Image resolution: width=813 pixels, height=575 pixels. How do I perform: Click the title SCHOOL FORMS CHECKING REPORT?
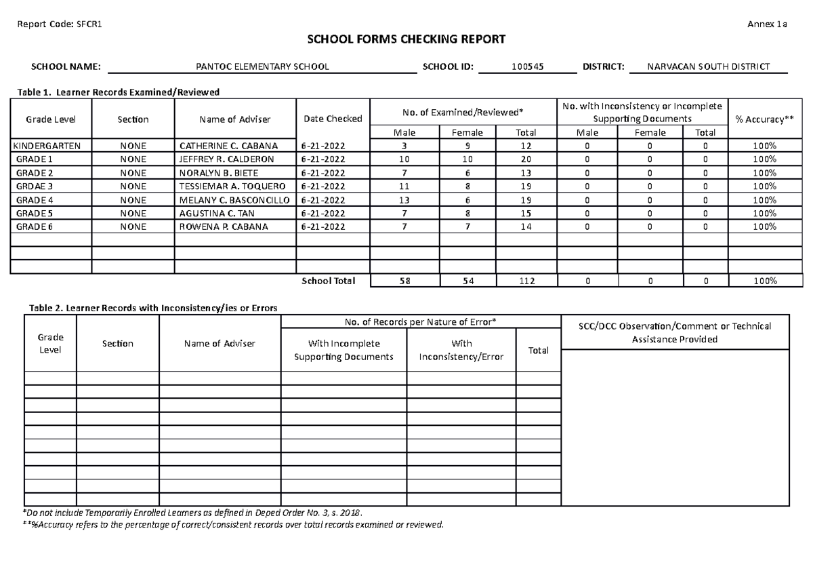(406, 39)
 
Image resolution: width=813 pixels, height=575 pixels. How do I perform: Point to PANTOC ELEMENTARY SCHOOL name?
(262, 67)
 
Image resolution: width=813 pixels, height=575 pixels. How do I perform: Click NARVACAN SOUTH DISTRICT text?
(708, 67)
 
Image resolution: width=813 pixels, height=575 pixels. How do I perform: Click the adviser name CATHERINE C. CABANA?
(228, 146)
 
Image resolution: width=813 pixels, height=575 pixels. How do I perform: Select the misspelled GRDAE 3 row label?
(34, 186)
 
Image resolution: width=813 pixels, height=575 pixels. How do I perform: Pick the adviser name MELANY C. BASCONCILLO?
(234, 200)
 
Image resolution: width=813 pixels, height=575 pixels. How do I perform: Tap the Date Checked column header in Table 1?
(333, 119)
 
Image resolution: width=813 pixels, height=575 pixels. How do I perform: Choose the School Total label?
(328, 281)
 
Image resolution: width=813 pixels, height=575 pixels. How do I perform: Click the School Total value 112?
(526, 281)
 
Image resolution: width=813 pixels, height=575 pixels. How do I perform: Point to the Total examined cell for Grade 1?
(526, 159)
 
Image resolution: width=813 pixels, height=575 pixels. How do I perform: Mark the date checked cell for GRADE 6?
(323, 226)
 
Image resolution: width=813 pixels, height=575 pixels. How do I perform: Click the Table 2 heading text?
(152, 308)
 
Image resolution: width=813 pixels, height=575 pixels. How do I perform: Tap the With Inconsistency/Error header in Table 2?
(461, 350)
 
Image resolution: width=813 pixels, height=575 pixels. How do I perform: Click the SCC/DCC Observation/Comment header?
(674, 332)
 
